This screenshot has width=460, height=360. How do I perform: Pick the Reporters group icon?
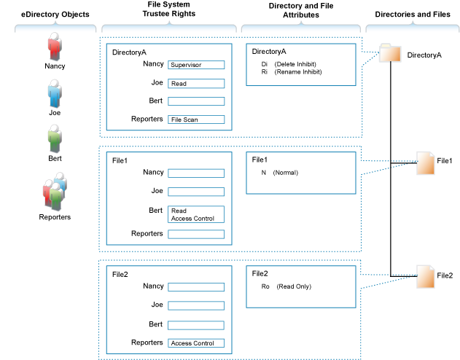(55, 191)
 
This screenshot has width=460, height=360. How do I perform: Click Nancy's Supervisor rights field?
(195, 65)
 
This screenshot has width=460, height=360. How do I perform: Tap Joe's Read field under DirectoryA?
(195, 84)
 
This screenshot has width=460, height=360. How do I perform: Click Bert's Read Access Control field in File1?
(195, 214)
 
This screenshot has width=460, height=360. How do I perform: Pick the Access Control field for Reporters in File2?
(195, 343)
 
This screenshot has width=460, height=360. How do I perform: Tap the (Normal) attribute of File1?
(285, 173)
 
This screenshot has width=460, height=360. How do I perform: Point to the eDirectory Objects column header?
(54, 14)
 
